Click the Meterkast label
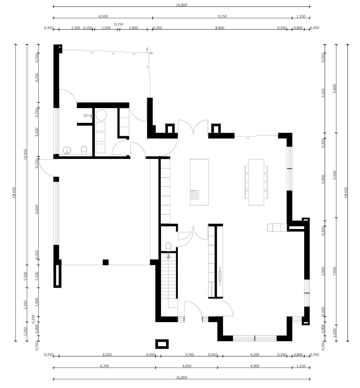click(211, 289)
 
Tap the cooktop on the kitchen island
click(195, 194)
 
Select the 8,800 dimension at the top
click(220, 28)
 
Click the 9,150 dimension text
click(223, 16)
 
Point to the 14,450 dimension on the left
click(25, 154)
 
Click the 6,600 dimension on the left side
click(37, 209)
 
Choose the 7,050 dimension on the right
click(335, 271)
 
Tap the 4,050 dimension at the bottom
click(186, 366)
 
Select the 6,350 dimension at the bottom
click(107, 355)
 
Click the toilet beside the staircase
click(169, 247)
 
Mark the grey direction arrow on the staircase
click(169, 256)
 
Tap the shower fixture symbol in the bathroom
click(88, 115)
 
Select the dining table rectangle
click(256, 182)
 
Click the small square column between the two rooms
click(106, 262)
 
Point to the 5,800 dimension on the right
click(335, 88)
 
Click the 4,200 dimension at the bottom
click(254, 355)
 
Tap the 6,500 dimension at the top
click(103, 16)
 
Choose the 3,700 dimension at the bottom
click(189, 355)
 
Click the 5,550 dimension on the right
click(335, 175)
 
